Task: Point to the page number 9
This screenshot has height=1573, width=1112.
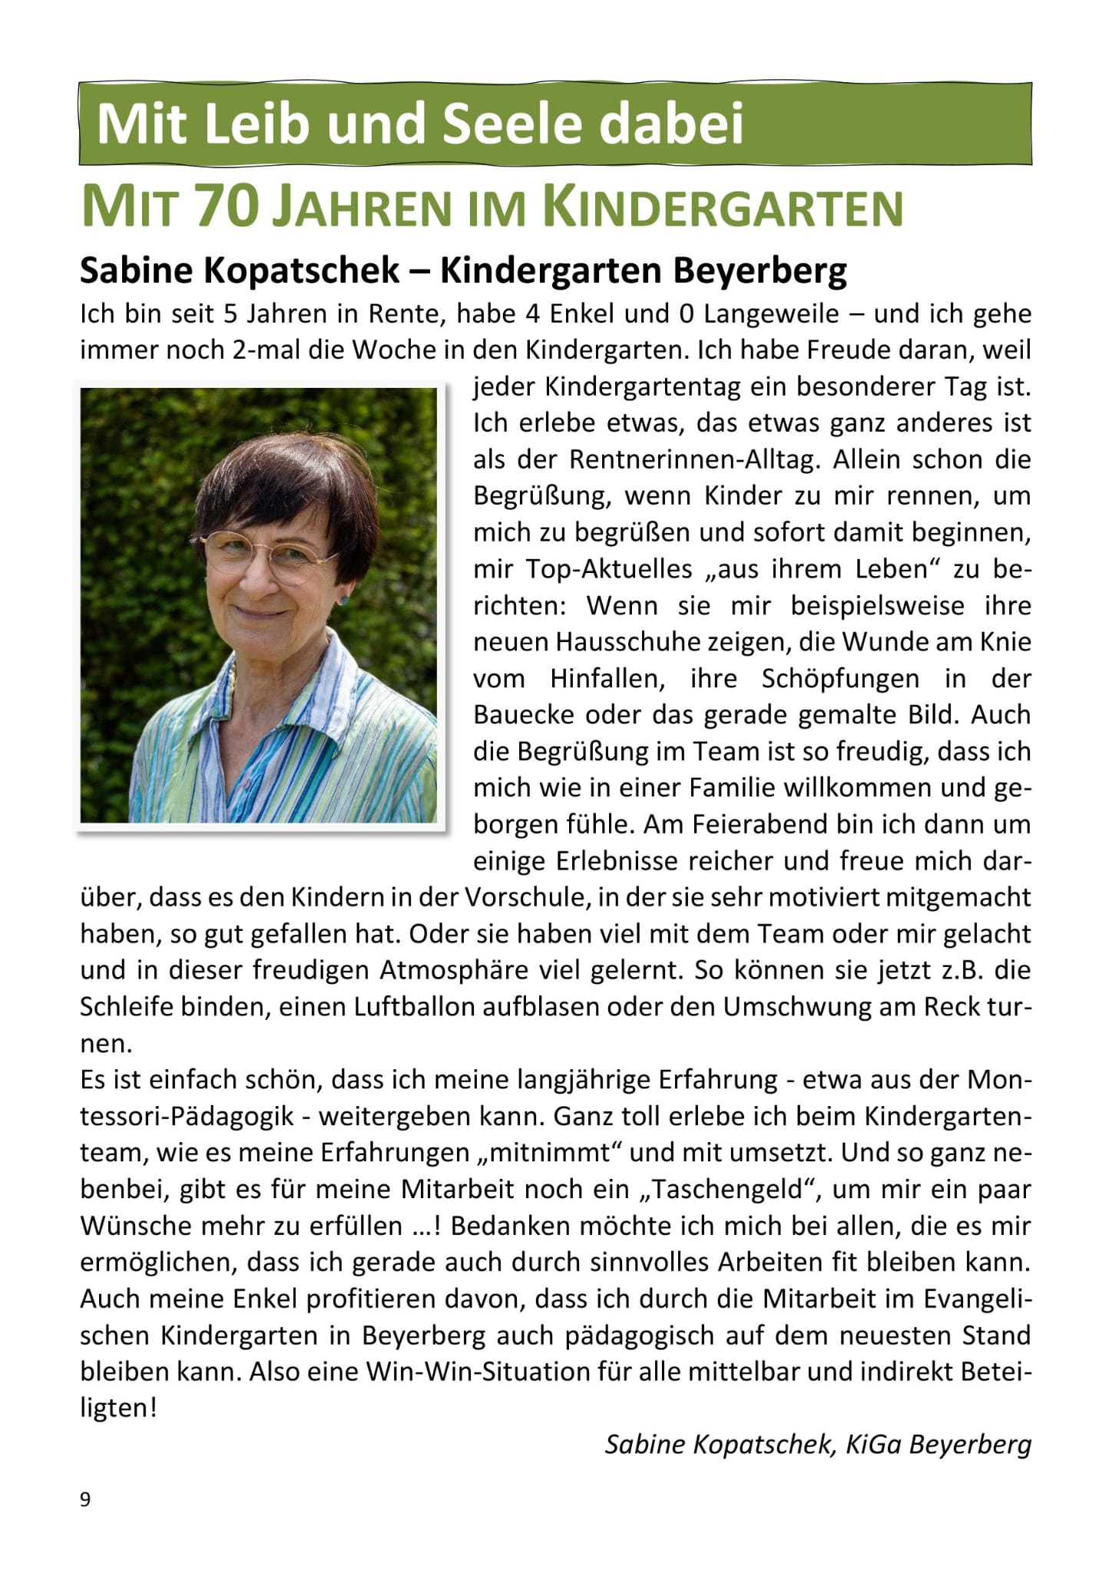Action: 85,1499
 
